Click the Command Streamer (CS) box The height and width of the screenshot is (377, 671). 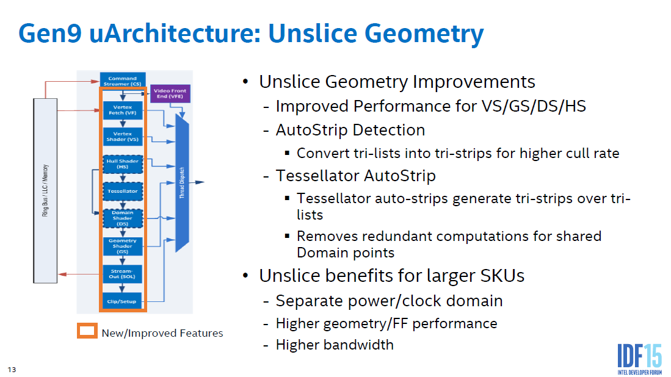click(x=122, y=81)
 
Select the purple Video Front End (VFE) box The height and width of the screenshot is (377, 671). click(x=170, y=93)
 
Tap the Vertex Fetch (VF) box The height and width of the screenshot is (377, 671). click(x=122, y=110)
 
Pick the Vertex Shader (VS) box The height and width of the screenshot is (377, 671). click(x=122, y=137)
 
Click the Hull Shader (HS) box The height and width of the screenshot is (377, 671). click(x=122, y=164)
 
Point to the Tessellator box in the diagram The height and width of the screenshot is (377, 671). click(x=122, y=191)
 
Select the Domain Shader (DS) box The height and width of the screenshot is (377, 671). click(x=122, y=218)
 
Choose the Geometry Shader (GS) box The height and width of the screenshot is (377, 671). click(x=122, y=246)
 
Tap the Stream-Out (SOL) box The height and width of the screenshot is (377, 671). click(x=122, y=274)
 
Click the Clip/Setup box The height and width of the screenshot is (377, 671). click(x=122, y=301)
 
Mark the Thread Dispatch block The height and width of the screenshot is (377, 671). click(x=183, y=183)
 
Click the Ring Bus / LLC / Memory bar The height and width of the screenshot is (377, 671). click(x=45, y=191)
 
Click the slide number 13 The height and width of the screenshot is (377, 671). click(x=12, y=370)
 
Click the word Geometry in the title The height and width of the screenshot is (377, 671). click(x=424, y=34)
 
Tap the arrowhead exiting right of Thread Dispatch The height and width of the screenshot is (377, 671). click(x=200, y=182)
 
